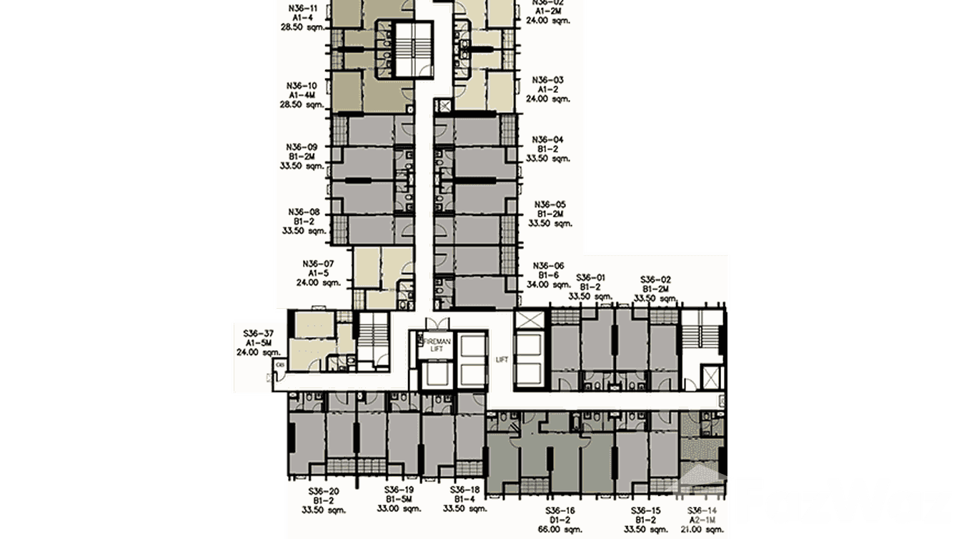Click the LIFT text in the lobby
click(502, 360)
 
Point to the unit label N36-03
click(548, 80)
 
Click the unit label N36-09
click(302, 147)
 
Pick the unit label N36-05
click(550, 204)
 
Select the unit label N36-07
click(318, 263)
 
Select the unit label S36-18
click(465, 491)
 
